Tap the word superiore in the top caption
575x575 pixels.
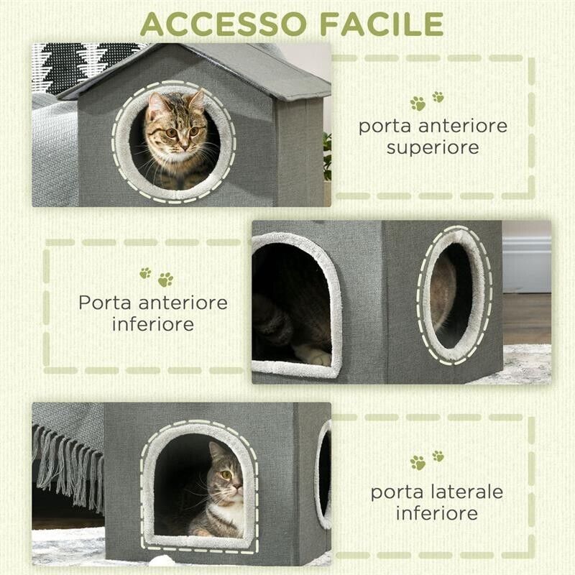click(433, 147)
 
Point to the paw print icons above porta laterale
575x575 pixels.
click(427, 460)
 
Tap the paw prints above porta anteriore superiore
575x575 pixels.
click(427, 100)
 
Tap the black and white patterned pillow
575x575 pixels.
click(79, 65)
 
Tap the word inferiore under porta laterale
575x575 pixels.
click(436, 513)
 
